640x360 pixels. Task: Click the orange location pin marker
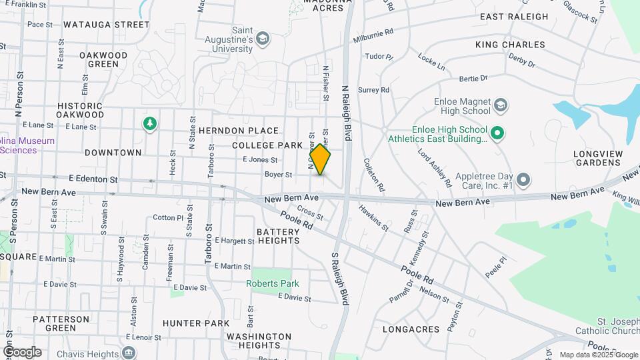point(320,159)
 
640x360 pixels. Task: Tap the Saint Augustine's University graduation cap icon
point(263,39)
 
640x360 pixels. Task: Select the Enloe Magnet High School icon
point(500,105)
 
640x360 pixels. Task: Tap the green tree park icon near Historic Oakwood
point(150,123)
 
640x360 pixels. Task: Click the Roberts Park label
point(272,283)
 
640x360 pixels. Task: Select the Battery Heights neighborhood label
point(279,236)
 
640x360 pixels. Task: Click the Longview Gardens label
point(598,158)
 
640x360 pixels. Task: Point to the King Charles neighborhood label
point(510,45)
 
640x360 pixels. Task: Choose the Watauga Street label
point(107,25)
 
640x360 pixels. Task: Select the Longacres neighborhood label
point(411,329)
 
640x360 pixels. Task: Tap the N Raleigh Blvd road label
point(346,112)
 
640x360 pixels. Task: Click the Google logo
point(22,352)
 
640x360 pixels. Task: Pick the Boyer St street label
point(278,175)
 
